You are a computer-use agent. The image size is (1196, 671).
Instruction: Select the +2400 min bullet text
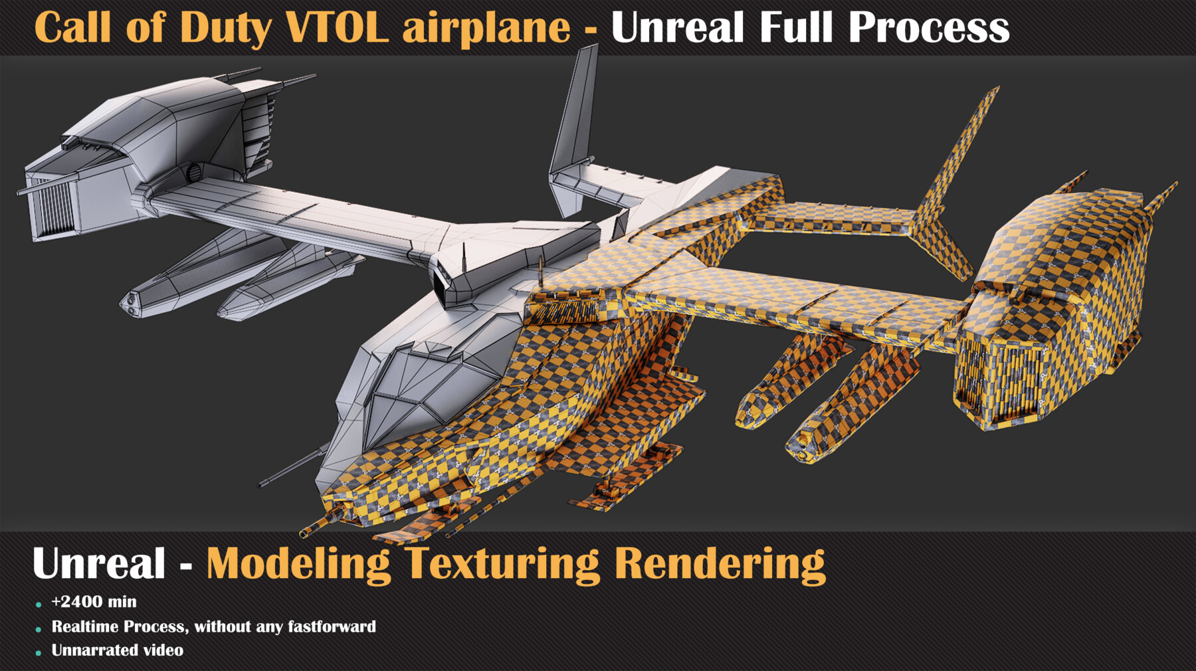point(94,602)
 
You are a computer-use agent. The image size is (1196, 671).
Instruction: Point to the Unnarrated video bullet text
point(118,650)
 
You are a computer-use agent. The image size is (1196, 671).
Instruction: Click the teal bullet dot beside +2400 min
point(39,605)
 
